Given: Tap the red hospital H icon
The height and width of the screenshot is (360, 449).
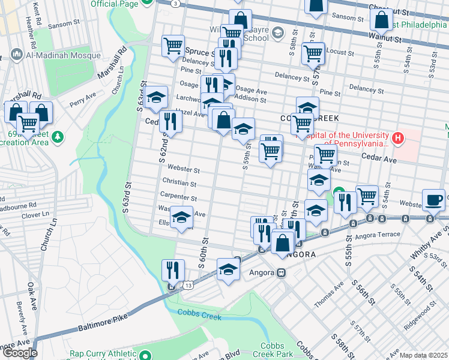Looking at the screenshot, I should tap(397, 139).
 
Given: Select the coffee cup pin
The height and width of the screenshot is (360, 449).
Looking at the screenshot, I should tap(433, 199).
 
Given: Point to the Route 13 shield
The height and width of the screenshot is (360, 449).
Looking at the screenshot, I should tap(188, 286).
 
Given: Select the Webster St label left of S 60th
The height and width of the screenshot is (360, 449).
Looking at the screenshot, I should tap(183, 169).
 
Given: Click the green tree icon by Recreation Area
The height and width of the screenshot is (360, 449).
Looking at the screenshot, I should tap(58, 137).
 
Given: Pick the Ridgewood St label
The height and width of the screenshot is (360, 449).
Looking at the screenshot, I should tap(420, 313).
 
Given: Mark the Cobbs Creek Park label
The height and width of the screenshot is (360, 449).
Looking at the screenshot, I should tap(277, 350).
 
